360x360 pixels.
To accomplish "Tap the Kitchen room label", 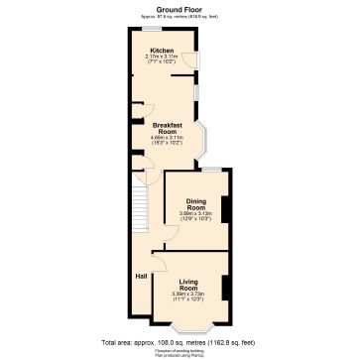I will pos(163,50).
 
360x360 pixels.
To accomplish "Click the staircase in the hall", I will pos(139,207).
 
